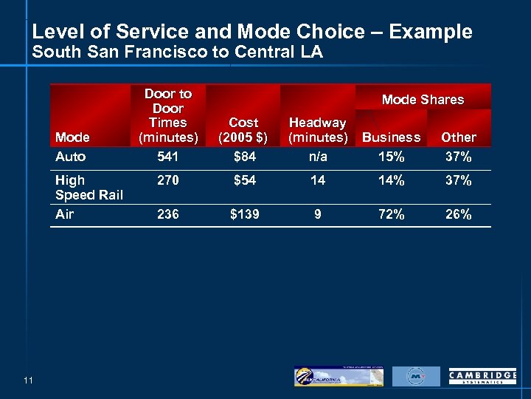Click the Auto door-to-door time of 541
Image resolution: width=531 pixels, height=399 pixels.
coord(168,157)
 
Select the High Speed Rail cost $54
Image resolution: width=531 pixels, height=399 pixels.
coord(243,180)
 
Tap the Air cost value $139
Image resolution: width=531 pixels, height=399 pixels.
coord(243,214)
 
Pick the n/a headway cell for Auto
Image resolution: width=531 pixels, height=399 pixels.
coord(317,157)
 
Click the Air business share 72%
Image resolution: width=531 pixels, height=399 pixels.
coord(391,214)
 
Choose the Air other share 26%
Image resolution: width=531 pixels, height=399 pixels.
coord(458,214)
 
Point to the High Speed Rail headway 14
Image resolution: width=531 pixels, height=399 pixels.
coord(317,180)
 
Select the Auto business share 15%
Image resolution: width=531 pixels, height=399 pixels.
coord(391,157)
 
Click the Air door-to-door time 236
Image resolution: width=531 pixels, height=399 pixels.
coord(168,214)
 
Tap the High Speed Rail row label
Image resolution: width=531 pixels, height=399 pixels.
coord(88,187)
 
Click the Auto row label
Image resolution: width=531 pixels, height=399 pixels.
coord(70,157)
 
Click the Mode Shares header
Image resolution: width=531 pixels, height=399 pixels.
coord(423,99)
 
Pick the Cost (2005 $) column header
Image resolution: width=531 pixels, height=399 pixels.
coord(243,130)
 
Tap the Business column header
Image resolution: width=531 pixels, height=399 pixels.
coord(391,137)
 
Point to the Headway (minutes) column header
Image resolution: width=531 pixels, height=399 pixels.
coord(317,130)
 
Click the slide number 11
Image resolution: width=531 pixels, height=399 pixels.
coord(28,380)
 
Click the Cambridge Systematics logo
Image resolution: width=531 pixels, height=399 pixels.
coord(482,377)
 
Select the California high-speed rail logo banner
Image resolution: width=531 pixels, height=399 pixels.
coord(339,376)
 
